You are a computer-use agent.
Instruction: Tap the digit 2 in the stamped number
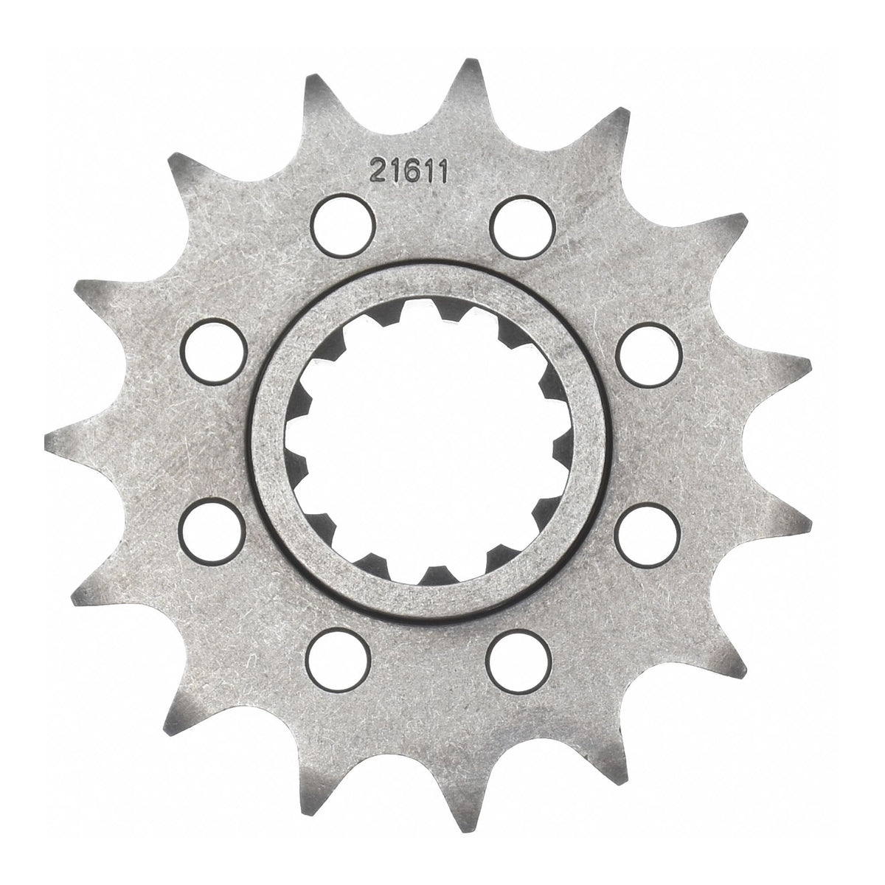pos(378,172)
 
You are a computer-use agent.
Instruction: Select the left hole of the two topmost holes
pos(343,226)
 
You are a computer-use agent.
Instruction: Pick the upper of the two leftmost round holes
pos(213,353)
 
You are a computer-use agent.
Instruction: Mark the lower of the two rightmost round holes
pos(647,535)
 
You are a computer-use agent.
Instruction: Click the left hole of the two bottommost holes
pos(339,662)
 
